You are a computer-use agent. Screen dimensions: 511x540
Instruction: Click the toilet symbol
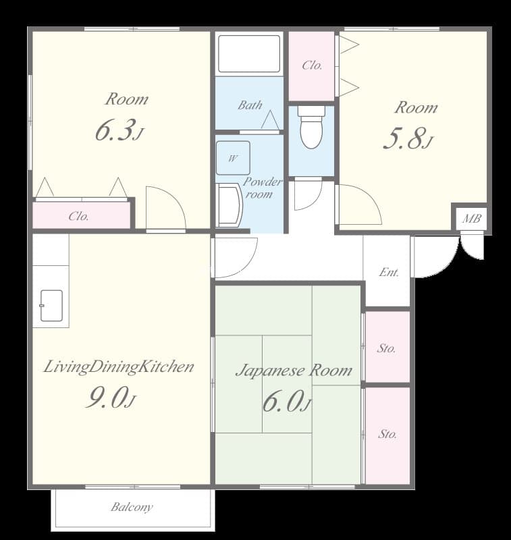pyautogui.click(x=311, y=127)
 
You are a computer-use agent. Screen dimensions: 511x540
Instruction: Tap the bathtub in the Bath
pyautogui.click(x=249, y=54)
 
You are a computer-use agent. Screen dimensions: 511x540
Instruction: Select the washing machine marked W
pyautogui.click(x=233, y=158)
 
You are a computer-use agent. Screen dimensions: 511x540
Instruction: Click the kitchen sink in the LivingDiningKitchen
pyautogui.click(x=51, y=306)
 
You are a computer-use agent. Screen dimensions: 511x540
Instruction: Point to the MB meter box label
pyautogui.click(x=471, y=218)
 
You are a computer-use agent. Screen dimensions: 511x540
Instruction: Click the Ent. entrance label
pyautogui.click(x=389, y=273)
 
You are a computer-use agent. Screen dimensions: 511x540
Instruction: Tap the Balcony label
pyautogui.click(x=132, y=507)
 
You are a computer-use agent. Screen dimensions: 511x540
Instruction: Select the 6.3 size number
pyautogui.click(x=114, y=130)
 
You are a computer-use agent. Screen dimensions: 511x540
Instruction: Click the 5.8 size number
pyautogui.click(x=403, y=138)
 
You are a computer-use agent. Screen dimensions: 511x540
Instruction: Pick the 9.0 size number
pyautogui.click(x=105, y=397)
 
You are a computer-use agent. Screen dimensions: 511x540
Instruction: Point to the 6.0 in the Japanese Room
pyautogui.click(x=282, y=401)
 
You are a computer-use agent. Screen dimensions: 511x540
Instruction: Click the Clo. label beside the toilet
pyautogui.click(x=313, y=65)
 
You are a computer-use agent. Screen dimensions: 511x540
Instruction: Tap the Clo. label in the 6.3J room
pyautogui.click(x=79, y=216)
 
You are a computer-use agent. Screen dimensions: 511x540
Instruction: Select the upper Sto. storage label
pyautogui.click(x=386, y=348)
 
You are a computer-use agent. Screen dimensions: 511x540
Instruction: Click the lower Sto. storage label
pyautogui.click(x=387, y=434)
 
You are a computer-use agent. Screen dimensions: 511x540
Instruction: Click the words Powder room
pyautogui.click(x=262, y=188)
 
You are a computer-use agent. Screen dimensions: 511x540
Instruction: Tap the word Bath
pyautogui.click(x=250, y=105)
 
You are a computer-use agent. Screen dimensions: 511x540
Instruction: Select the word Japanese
pyautogui.click(x=270, y=371)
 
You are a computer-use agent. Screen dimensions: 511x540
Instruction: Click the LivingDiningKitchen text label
pyautogui.click(x=119, y=367)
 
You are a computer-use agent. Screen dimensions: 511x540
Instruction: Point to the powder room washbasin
pyautogui.click(x=229, y=205)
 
